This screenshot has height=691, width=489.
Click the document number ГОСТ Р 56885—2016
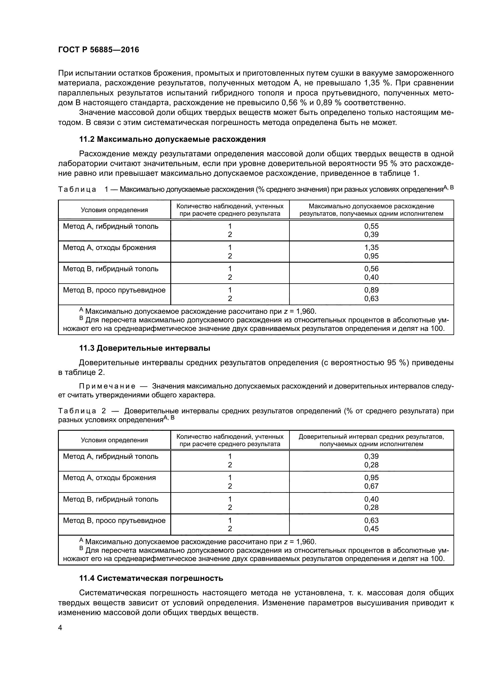click(x=98, y=50)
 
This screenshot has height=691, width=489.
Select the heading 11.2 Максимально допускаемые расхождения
click(x=172, y=139)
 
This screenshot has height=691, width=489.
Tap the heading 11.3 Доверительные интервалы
click(x=145, y=348)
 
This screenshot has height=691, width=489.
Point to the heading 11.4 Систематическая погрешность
click(x=151, y=578)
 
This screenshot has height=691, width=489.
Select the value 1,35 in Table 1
click(x=371, y=247)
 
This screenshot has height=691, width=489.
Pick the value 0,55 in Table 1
click(x=371, y=226)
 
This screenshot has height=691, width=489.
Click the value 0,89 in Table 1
click(x=371, y=290)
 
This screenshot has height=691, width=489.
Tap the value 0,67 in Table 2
click(x=371, y=486)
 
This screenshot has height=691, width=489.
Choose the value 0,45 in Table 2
click(x=371, y=529)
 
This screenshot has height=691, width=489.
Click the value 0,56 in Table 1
click(x=371, y=269)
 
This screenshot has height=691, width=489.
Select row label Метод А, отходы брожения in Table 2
click(x=109, y=478)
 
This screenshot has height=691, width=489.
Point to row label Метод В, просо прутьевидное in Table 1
click(x=114, y=290)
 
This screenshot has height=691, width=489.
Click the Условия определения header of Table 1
click(x=114, y=210)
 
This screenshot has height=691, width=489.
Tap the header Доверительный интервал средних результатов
click(x=371, y=436)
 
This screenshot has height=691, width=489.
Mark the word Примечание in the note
click(x=107, y=386)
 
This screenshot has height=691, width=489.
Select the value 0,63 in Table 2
click(x=371, y=520)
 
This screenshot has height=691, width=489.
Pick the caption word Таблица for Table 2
click(x=77, y=411)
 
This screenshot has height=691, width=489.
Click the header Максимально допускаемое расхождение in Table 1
click(x=371, y=207)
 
